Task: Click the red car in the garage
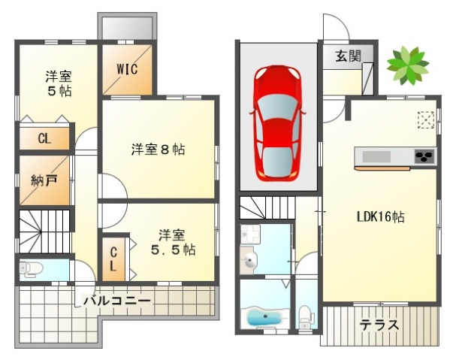point(277,123)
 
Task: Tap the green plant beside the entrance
point(408,65)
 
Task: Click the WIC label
point(127,69)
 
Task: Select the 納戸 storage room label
point(44,180)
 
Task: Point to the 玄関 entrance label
point(348,56)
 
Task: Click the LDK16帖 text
point(380,216)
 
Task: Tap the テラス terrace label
point(379,325)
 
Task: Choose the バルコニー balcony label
point(117,300)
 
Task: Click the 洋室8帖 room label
point(158,150)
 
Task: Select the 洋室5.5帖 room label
point(173,243)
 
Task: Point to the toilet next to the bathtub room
point(306,316)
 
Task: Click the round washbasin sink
point(249,261)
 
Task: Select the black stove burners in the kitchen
point(424,156)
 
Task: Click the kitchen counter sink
point(376,156)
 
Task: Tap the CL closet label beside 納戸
point(44,138)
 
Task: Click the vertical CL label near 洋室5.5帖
point(113,259)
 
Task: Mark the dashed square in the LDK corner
point(426,119)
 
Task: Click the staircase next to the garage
point(267,207)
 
